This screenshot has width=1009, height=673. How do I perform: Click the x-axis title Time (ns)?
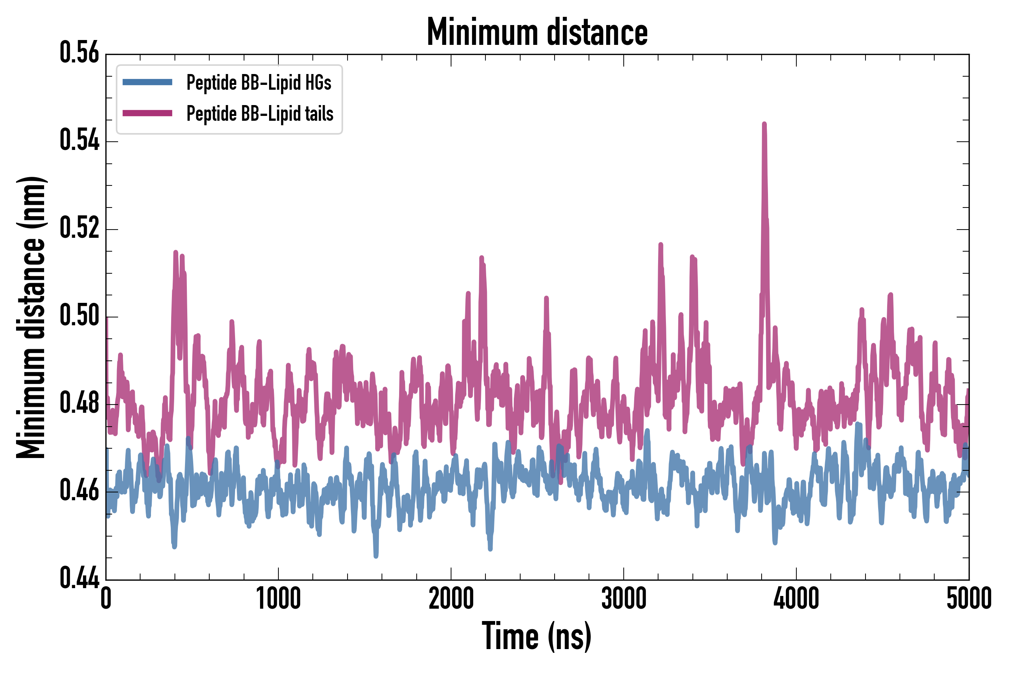(x=537, y=636)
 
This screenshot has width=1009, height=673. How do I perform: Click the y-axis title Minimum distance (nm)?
(x=31, y=317)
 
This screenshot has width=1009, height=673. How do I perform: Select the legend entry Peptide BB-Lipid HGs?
(x=259, y=82)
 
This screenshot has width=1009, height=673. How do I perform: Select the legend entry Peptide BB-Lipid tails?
(x=260, y=114)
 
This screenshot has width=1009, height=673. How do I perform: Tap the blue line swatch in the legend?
(x=147, y=82)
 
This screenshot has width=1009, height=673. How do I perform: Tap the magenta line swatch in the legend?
(x=147, y=113)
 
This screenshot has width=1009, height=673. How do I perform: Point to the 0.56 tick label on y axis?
(x=79, y=53)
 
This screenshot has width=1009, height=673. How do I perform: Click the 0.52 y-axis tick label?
(x=79, y=228)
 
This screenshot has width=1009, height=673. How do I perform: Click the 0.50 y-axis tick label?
(x=79, y=316)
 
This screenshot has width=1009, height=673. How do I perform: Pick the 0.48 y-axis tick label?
(x=79, y=403)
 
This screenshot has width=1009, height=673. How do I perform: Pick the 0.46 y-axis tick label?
(x=79, y=491)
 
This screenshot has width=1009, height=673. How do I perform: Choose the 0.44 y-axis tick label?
(x=79, y=578)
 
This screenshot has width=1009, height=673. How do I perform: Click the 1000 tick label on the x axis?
(x=278, y=599)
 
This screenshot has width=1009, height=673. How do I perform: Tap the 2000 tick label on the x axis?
(x=451, y=599)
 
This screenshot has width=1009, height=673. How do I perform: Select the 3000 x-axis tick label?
(x=623, y=599)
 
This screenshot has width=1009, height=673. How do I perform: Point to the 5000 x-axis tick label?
(x=969, y=599)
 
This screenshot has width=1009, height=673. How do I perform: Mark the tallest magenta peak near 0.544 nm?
(x=765, y=125)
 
